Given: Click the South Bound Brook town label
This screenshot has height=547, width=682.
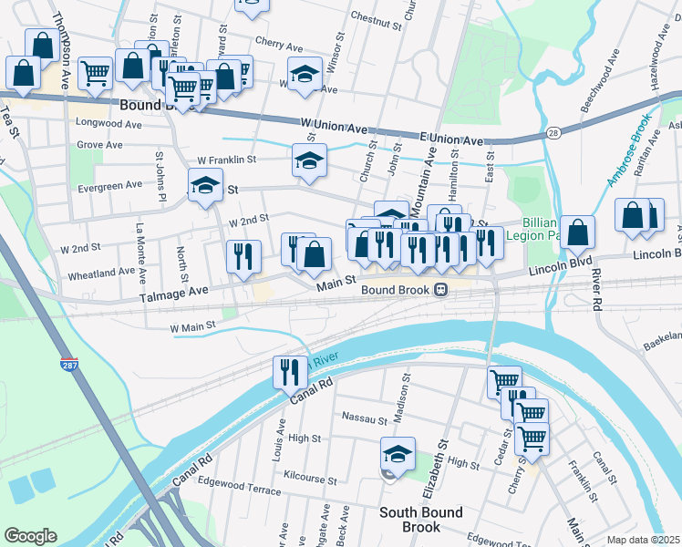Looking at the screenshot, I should pos(420,520).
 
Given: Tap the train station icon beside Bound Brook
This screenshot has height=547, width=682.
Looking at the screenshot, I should pos(440,290).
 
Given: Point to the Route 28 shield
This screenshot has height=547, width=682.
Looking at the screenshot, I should pos(554,133).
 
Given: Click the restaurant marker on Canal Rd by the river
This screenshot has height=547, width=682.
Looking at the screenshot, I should pos(287,371).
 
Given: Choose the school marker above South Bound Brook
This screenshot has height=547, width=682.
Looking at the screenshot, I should pos(398,453).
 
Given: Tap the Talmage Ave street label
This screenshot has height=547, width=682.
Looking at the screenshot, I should pos(172,290).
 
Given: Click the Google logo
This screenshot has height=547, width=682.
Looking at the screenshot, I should pos(30,535).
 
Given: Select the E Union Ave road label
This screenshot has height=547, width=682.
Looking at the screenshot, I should pos(450,139).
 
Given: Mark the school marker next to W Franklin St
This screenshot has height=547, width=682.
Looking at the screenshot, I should pos(309,160).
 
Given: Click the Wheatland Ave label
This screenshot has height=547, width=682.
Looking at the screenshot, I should pos(101,273).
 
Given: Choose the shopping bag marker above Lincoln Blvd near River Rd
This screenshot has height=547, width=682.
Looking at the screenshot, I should pos(577,232).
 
